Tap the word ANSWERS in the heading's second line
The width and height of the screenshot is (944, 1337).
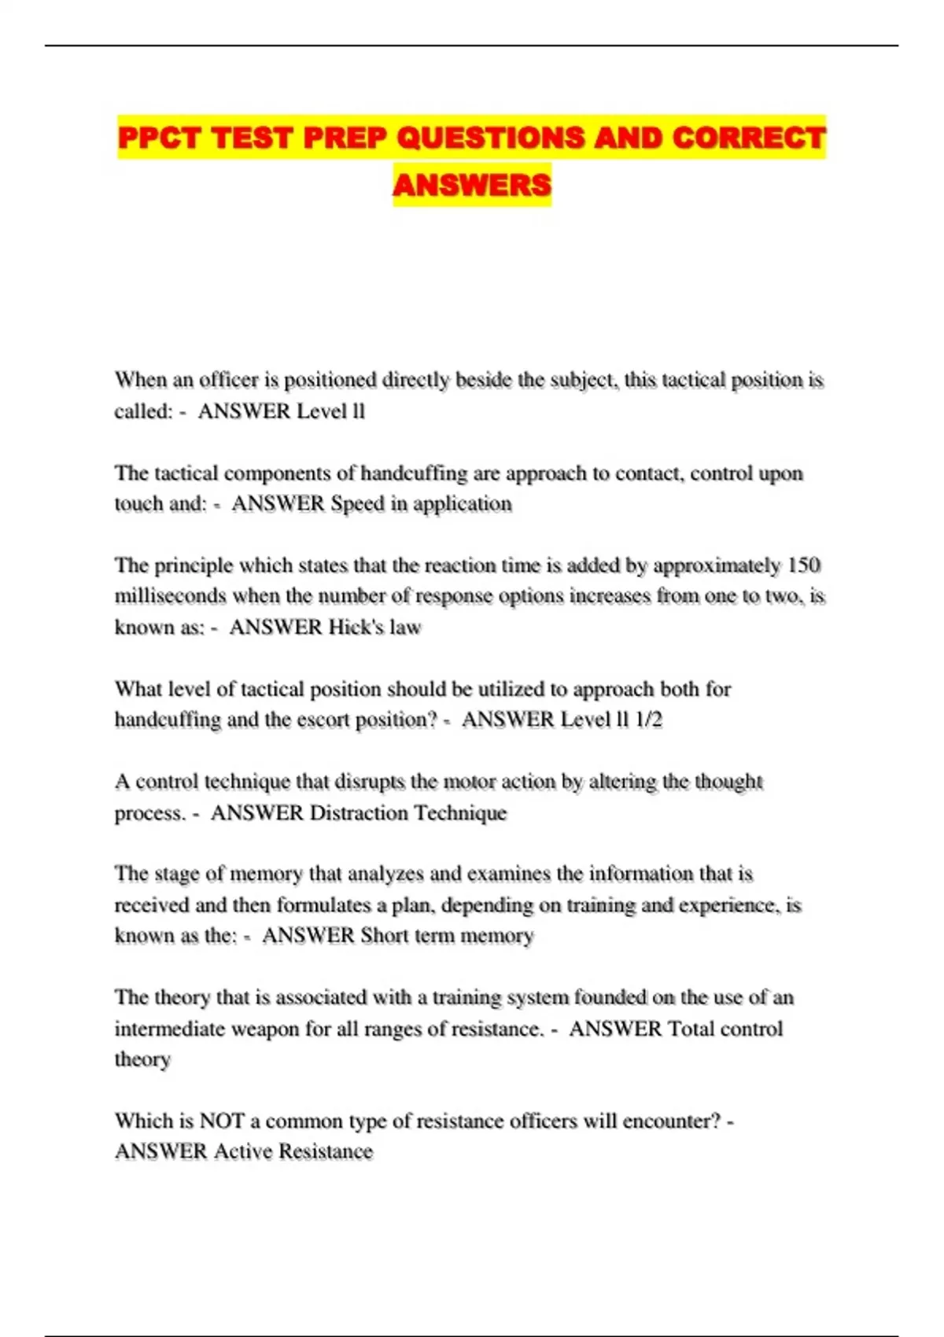tap(472, 186)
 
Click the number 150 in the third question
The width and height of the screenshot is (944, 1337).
tap(803, 565)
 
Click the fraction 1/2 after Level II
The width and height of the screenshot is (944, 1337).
tap(649, 720)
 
